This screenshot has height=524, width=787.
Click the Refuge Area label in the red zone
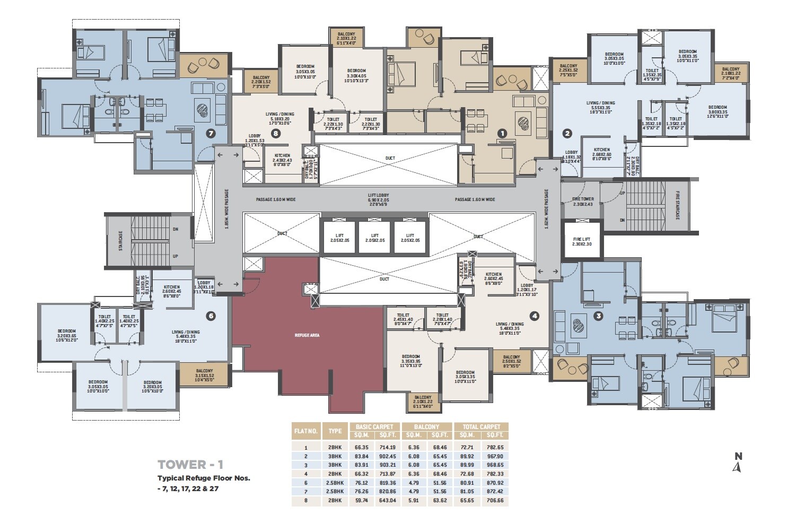[307, 335]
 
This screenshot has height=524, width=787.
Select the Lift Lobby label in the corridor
[379, 199]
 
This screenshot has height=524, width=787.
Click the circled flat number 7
[211, 133]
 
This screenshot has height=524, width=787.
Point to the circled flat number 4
[535, 316]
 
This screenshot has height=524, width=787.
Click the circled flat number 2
[567, 133]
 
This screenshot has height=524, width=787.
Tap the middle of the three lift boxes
[375, 238]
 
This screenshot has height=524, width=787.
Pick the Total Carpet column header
[481, 426]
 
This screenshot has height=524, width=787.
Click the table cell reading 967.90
[494, 456]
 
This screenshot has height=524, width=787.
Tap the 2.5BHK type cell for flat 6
[335, 483]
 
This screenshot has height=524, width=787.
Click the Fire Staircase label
[677, 206]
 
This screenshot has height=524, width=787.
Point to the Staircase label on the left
[120, 240]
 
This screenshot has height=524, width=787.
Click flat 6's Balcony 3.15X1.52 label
[204, 373]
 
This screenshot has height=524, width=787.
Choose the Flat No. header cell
[306, 431]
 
